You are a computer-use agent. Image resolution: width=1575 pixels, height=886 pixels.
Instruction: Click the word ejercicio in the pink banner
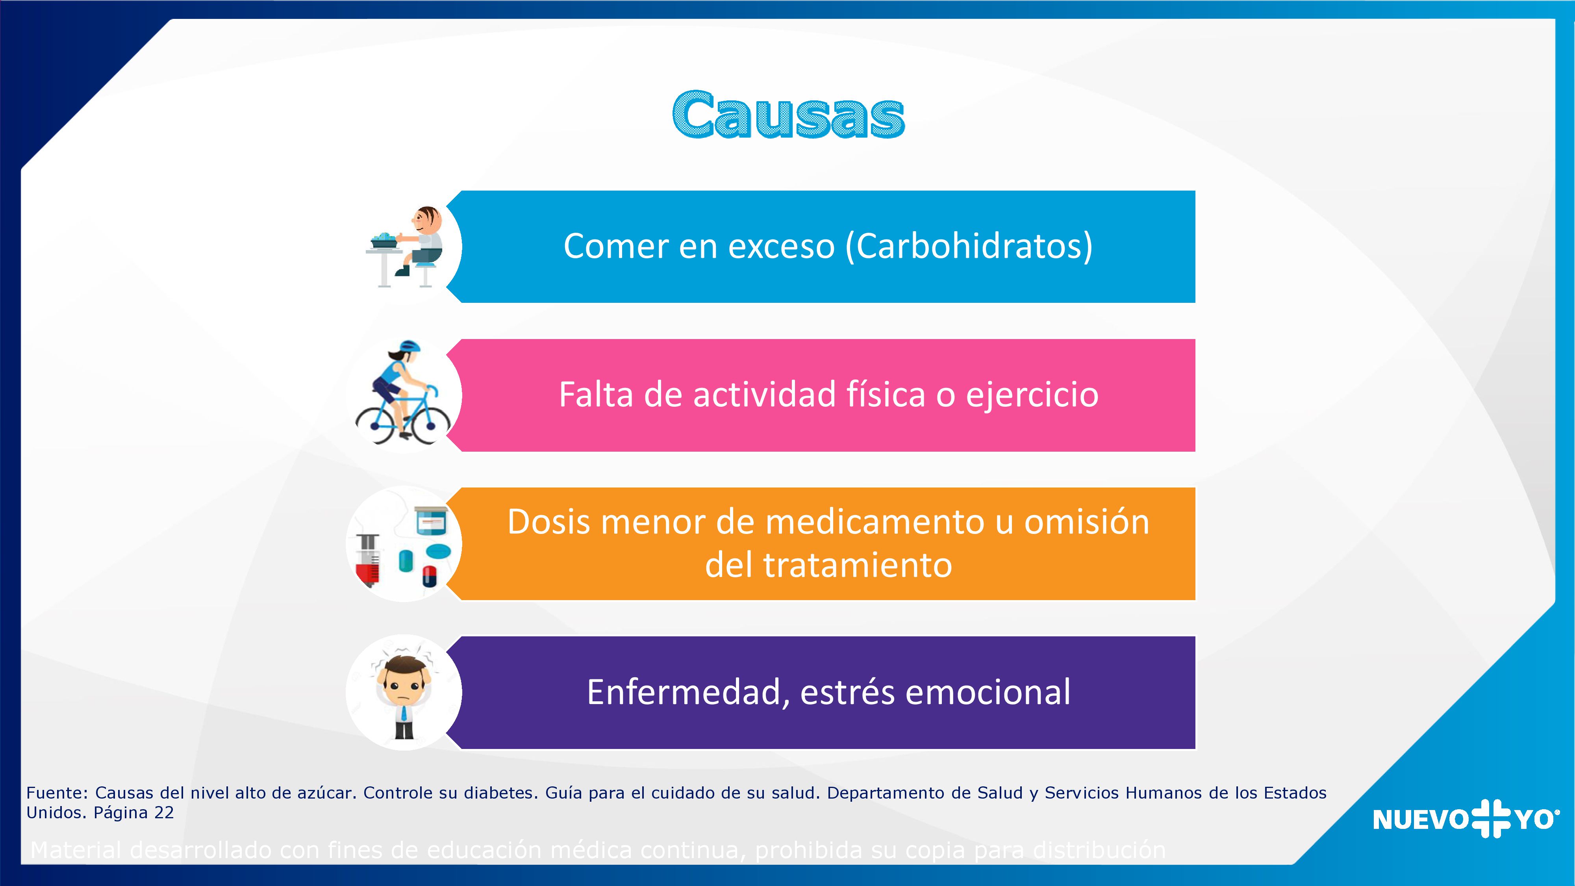(x=1032, y=395)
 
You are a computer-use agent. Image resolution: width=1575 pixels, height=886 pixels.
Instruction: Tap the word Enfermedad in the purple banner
(x=683, y=693)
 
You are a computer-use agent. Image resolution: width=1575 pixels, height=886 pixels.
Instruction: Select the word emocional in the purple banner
(x=988, y=693)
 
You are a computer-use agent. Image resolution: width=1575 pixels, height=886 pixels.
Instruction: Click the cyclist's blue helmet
(x=408, y=347)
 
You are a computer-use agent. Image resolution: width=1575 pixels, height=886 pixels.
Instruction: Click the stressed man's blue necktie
(x=404, y=713)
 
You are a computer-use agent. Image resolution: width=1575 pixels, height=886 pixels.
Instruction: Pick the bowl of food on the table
(x=385, y=240)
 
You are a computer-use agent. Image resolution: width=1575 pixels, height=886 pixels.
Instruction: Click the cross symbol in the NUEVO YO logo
(x=1491, y=818)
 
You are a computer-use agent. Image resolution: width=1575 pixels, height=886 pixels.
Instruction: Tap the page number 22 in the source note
(x=164, y=813)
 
